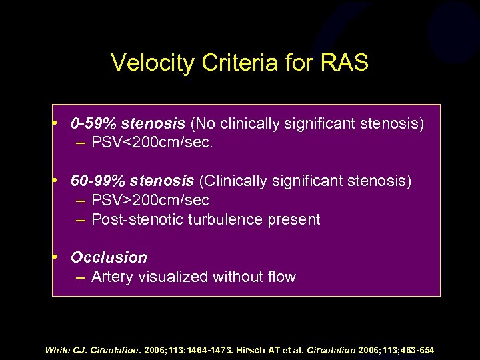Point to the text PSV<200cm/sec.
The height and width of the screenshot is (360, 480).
coord(149,143)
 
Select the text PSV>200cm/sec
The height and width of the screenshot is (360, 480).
coord(150,200)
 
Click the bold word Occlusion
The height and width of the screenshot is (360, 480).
coord(109,257)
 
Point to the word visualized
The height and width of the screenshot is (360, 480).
coord(177,277)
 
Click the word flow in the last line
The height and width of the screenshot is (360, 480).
coord(280,277)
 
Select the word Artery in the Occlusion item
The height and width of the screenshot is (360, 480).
coord(111,277)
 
